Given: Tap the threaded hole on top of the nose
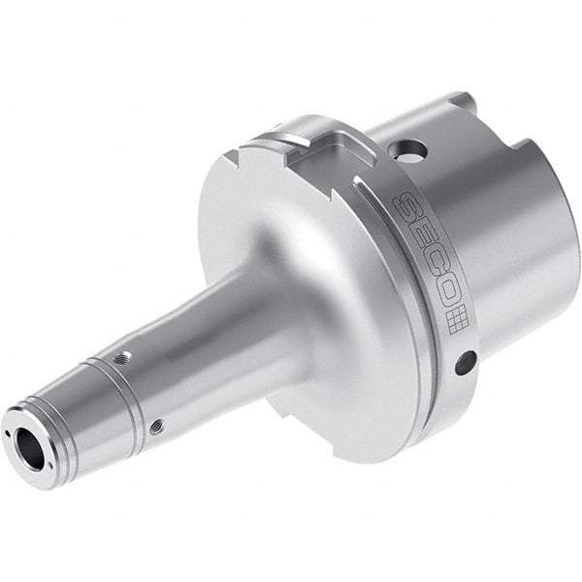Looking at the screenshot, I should point(119,359).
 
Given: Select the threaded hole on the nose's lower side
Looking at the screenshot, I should point(155,423).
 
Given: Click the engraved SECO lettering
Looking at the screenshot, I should point(427,259).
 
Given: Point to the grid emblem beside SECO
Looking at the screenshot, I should point(457,320).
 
